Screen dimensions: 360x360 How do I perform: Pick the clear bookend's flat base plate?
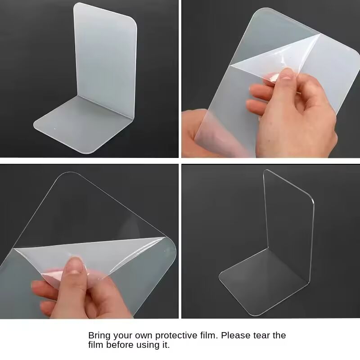(265, 279)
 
